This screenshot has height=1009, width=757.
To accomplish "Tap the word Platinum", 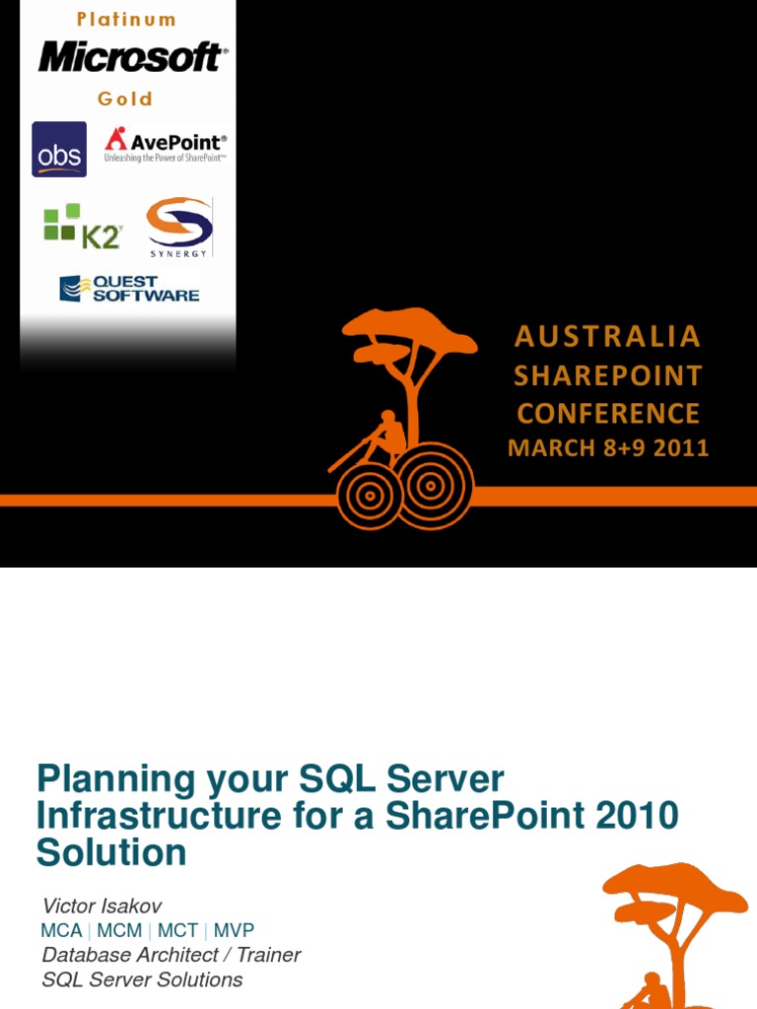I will [x=127, y=20].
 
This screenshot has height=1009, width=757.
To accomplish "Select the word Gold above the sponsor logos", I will [x=125, y=99].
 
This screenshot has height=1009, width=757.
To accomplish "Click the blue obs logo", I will [x=59, y=150].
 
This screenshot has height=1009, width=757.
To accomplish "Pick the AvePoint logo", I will [x=165, y=145].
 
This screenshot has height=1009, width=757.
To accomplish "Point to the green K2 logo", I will [x=82, y=227].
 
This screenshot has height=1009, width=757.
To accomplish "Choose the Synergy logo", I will [x=178, y=227].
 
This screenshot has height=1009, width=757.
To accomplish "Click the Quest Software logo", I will [x=129, y=288].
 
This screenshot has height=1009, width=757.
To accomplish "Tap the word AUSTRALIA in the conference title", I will [x=607, y=337].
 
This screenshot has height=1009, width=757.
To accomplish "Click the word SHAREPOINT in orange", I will [x=607, y=375].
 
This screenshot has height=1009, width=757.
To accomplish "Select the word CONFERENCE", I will [x=608, y=413].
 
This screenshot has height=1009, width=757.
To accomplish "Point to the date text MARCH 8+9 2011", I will [x=608, y=448].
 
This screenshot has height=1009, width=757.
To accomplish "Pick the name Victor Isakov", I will [x=102, y=906].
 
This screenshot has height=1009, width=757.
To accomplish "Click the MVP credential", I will [x=234, y=931].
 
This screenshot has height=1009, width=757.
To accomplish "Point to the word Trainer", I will [x=265, y=955].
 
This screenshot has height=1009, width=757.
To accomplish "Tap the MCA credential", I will [x=61, y=931].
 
